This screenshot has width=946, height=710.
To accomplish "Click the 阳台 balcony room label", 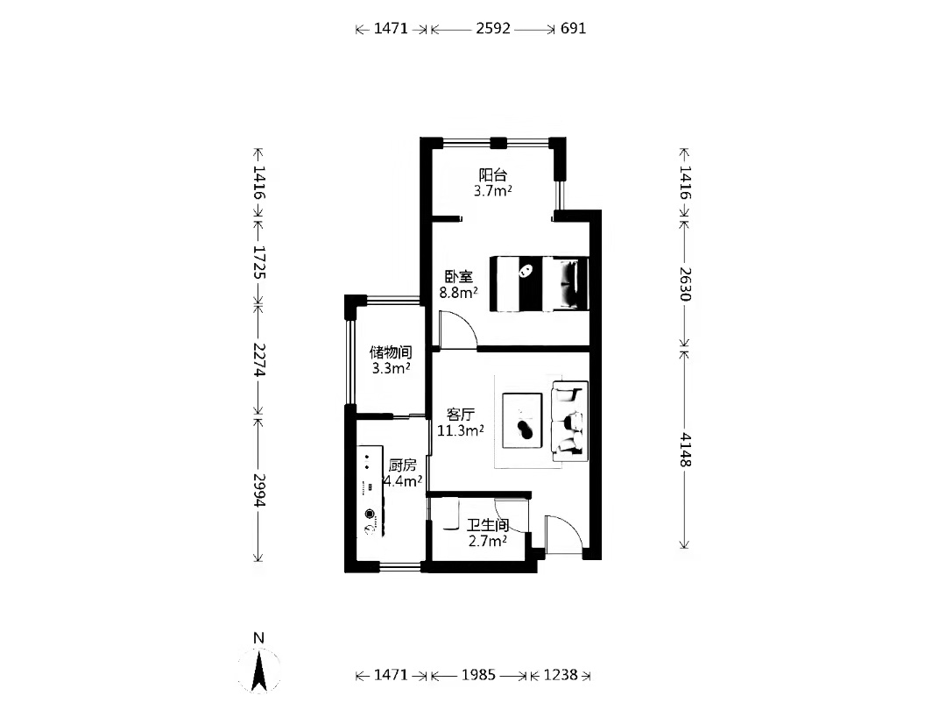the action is pyautogui.click(x=492, y=175).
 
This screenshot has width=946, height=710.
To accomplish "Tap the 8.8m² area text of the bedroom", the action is pyautogui.click(x=458, y=293).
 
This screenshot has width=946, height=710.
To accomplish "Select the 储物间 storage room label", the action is pyautogui.click(x=391, y=351).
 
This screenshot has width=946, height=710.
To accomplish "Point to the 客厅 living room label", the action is pyautogui.click(x=461, y=414).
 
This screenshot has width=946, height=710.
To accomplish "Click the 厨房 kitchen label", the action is pyautogui.click(x=402, y=465).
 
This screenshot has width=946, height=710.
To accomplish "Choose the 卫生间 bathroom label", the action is pyautogui.click(x=488, y=525).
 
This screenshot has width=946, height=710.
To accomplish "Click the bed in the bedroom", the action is pyautogui.click(x=539, y=284).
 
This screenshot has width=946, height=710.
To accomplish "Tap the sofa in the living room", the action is pyautogui.click(x=569, y=420).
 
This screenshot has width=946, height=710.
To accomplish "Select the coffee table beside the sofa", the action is pyautogui.click(x=522, y=421).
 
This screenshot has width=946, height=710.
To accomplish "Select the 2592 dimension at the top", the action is pyautogui.click(x=493, y=28).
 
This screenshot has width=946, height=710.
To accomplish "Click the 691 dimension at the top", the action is pyautogui.click(x=573, y=28).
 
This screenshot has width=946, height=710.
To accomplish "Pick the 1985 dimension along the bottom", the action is pyautogui.click(x=478, y=675).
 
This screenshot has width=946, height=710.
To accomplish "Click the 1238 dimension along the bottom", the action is pyautogui.click(x=561, y=675).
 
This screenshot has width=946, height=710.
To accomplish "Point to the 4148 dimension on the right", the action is pyautogui.click(x=685, y=450).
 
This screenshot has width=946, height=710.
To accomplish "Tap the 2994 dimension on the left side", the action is pyautogui.click(x=259, y=490).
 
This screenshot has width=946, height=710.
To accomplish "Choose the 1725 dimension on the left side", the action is pyautogui.click(x=259, y=261).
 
